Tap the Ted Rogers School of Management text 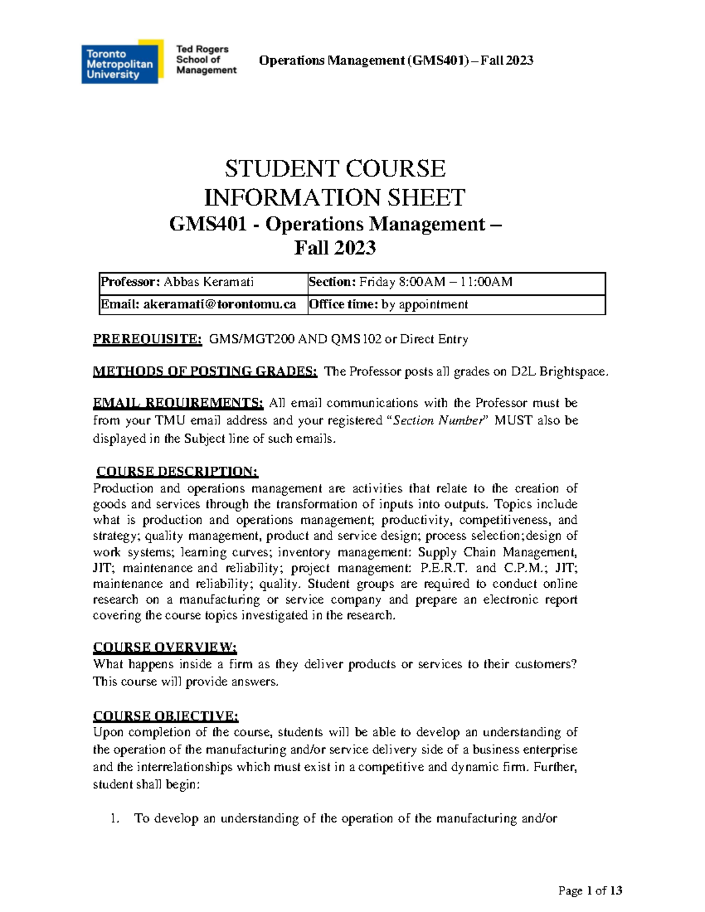click(206, 60)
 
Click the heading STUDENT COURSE click(335, 169)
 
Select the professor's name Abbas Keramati click(209, 282)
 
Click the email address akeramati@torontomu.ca click(220, 304)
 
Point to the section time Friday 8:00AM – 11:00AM click(435, 282)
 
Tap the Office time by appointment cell click(388, 304)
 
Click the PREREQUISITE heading click(147, 339)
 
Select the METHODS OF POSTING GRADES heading click(205, 371)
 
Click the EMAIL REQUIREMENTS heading click(179, 403)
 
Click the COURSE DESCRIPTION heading click(177, 472)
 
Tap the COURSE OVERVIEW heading click(165, 647)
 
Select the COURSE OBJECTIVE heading click(166, 716)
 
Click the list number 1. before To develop click(115, 818)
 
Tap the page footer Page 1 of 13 click(590, 891)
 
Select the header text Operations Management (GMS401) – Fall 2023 click(396, 60)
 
